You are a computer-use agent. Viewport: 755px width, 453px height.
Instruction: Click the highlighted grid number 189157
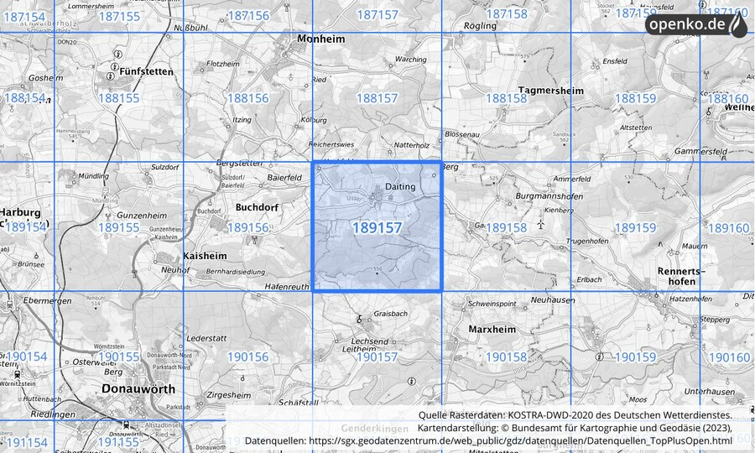coord(377,227)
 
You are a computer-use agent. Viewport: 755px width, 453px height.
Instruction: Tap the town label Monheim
coord(321,39)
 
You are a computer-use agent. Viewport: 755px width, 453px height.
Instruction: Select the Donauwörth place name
coord(138,389)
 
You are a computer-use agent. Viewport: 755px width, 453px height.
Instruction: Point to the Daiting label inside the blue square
coord(400,186)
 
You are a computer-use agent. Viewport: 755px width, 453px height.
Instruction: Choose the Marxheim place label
coord(492,330)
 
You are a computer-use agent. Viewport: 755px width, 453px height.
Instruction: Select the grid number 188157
coord(377,98)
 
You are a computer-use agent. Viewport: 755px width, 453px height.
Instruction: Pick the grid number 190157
coord(377,357)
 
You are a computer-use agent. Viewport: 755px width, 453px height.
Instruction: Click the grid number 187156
coord(248,15)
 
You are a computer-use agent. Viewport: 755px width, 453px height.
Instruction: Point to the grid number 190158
coord(506,357)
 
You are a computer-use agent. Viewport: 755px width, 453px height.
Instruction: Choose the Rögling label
coord(480,26)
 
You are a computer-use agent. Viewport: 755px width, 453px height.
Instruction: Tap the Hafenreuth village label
coord(288,286)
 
